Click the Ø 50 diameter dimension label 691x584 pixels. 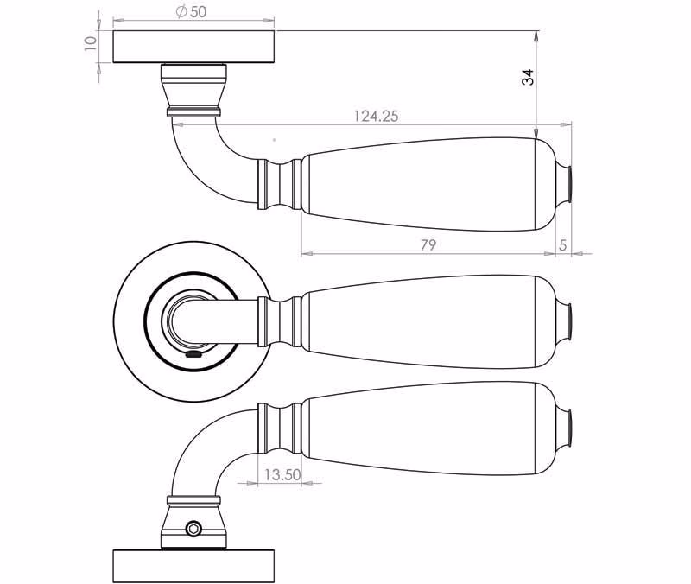tap(191, 11)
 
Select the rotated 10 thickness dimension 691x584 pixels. tap(91, 43)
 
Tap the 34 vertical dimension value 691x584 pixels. tap(528, 77)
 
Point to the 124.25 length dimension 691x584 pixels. tap(376, 116)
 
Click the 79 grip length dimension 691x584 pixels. tap(428, 244)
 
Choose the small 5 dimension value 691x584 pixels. tap(562, 245)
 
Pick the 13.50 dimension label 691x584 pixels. tap(282, 474)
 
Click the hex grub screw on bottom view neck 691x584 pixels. tap(193, 529)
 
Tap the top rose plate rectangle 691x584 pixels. tap(193, 47)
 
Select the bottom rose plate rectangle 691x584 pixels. tap(193, 566)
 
